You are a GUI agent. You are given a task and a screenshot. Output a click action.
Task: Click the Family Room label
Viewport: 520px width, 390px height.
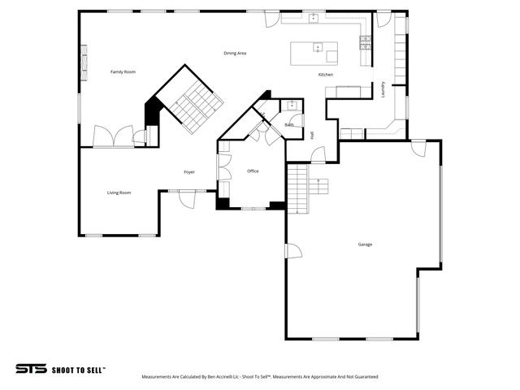point(123,72)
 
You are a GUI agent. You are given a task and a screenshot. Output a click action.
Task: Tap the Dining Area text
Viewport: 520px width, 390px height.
point(235,53)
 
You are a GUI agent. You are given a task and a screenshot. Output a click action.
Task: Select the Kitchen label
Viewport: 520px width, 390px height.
point(325,75)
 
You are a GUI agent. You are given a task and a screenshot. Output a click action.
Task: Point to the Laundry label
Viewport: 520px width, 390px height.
point(383,89)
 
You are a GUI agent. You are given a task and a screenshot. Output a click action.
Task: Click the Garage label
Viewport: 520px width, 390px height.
point(366,244)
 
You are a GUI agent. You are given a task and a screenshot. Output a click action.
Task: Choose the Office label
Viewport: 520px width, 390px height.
point(253,171)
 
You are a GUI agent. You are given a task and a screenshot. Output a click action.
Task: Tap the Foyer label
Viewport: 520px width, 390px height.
point(188,172)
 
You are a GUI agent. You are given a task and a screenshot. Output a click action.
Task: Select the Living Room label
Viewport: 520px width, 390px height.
point(119,193)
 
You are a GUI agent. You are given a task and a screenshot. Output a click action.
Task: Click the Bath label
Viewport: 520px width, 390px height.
point(289,124)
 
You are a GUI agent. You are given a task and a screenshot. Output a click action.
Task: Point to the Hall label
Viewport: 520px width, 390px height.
point(313,135)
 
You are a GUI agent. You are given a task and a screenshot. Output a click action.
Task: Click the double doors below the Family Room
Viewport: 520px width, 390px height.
point(111,136)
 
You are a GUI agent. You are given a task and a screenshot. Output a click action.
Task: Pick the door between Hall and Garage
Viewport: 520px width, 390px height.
point(318,153)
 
